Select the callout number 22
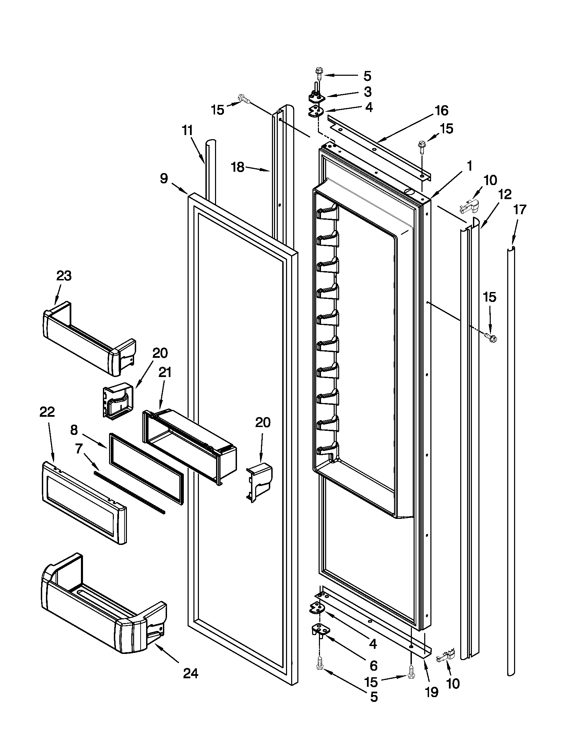(x=47, y=412)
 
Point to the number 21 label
(x=165, y=373)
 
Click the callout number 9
(x=164, y=179)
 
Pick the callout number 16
(x=441, y=110)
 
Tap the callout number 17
(x=520, y=209)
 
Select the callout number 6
(x=373, y=665)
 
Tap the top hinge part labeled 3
(x=317, y=97)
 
